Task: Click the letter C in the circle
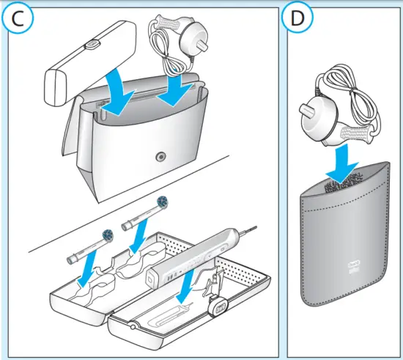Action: coord(20,20)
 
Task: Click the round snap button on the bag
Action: coord(161,156)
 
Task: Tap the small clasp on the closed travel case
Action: coord(92,45)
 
